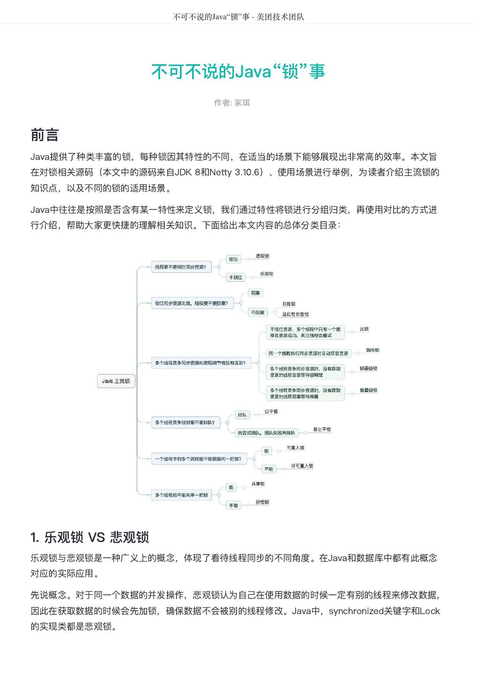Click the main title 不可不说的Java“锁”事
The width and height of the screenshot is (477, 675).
(x=238, y=72)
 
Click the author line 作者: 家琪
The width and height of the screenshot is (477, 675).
(x=232, y=103)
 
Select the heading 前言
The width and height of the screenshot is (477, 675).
(x=45, y=135)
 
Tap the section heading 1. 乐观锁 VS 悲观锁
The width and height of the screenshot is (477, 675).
(x=89, y=537)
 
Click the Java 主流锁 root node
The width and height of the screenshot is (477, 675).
(x=116, y=381)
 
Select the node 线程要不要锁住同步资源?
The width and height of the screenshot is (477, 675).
(x=181, y=267)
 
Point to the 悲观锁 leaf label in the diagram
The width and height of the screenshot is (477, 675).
(x=262, y=256)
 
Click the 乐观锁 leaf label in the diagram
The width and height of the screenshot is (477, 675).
(x=267, y=274)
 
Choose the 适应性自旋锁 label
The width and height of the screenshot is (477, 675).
(x=295, y=314)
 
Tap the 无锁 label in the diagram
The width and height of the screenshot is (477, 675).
(x=364, y=329)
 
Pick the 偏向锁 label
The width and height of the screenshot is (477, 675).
(x=373, y=350)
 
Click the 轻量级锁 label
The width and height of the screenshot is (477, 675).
(x=368, y=368)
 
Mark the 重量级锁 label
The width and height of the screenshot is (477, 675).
(x=368, y=390)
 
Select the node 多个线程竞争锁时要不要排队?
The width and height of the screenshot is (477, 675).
(x=185, y=422)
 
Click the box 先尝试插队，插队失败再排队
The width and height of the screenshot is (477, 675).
(x=266, y=433)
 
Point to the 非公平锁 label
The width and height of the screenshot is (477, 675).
(x=322, y=429)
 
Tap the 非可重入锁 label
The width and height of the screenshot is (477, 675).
(x=302, y=466)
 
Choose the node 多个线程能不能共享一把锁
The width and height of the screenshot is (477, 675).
(x=181, y=495)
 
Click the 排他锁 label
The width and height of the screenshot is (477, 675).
(x=262, y=502)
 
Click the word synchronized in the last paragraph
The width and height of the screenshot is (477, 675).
(x=356, y=611)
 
